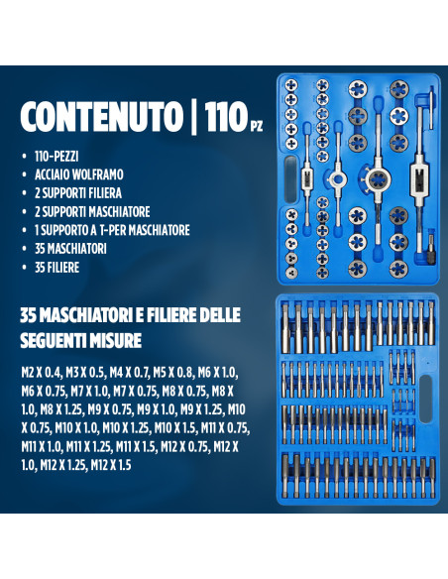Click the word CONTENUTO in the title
[x=101, y=116]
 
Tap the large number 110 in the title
[x=226, y=116]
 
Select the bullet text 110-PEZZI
[x=56, y=157]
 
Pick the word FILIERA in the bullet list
[x=104, y=193]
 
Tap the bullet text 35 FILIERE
[x=56, y=267]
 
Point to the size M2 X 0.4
[x=41, y=373]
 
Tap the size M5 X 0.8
[x=173, y=373]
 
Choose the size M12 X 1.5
[x=111, y=465]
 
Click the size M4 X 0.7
[x=129, y=373]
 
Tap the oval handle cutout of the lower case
[x=426, y=399]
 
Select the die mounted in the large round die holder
[x=378, y=179]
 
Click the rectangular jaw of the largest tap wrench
[x=419, y=180]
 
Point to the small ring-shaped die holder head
[x=337, y=179]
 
